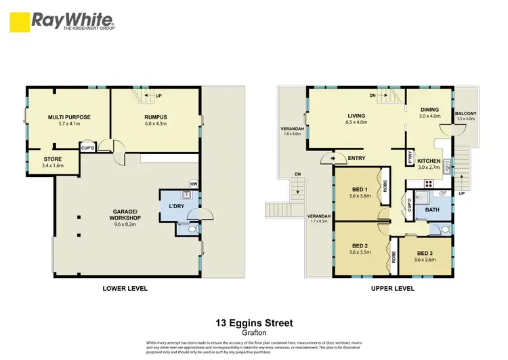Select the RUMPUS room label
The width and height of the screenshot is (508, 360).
point(155,117)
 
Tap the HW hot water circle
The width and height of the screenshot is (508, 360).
point(194,184)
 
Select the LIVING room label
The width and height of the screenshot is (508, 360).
point(356,116)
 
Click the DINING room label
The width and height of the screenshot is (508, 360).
point(429,110)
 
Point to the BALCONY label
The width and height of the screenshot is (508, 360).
point(465,113)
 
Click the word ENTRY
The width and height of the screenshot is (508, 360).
point(357,158)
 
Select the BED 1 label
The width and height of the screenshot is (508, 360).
point(360,189)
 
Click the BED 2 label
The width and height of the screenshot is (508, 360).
point(360,246)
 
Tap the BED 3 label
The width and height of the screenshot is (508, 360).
point(423,252)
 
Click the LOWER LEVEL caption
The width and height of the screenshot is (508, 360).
point(125,289)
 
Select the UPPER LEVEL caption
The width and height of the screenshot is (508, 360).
point(393,289)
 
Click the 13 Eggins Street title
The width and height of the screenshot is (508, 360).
point(254,323)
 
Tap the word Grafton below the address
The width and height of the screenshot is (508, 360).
point(254,333)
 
